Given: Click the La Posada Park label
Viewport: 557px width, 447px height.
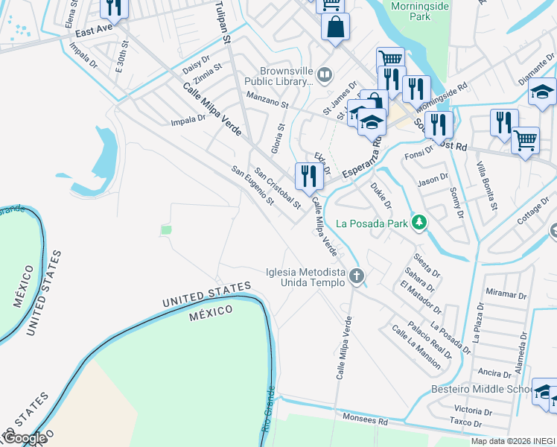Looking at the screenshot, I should coord(372,223).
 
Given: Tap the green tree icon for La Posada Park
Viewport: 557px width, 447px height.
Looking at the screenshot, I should coord(419,223).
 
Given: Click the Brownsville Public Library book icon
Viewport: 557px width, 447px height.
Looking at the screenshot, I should coord(324,74).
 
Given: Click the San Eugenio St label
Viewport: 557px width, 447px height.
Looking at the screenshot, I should coord(253,186).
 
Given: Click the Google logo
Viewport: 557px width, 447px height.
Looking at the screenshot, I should coord(24,438).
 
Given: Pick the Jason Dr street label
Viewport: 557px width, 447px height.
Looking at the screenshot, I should coord(433,179).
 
